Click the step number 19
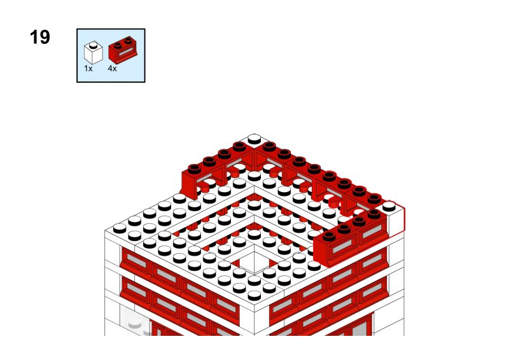click(39, 37)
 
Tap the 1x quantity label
click(88, 69)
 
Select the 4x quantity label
click(113, 69)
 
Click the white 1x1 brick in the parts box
click(94, 52)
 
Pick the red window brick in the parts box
click(123, 50)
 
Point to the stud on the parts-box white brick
click(94, 45)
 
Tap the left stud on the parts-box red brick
click(118, 46)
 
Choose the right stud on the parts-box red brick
click(129, 40)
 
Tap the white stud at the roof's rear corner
click(254, 139)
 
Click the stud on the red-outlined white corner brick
click(389, 206)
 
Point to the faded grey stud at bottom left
click(135, 323)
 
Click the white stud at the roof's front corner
click(254, 295)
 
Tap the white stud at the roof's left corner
click(120, 228)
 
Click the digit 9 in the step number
click(45, 37)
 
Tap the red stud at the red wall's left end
click(194, 169)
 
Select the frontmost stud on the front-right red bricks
click(329, 236)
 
